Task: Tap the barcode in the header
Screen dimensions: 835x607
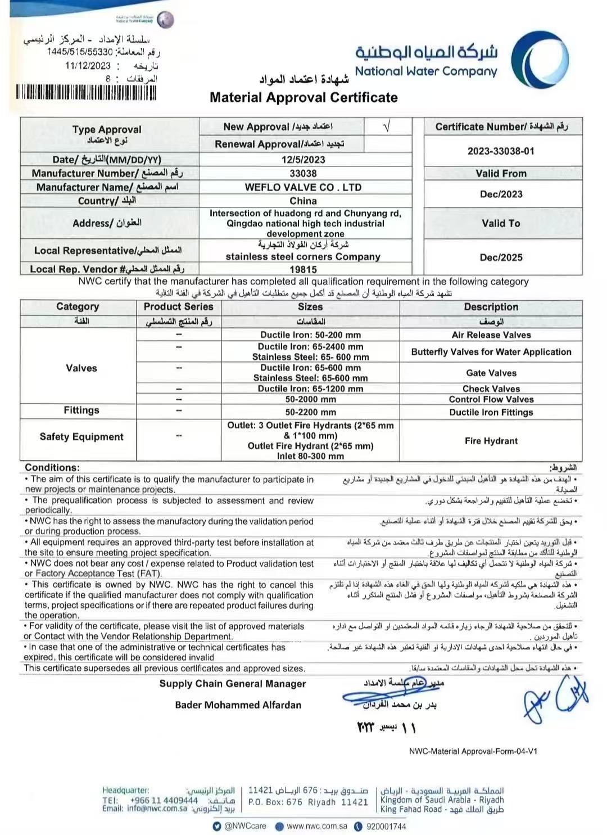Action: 86,92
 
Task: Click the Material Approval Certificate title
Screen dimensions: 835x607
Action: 303,97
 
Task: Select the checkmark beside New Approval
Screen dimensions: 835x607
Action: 386,127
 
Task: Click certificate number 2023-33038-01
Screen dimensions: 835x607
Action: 501,151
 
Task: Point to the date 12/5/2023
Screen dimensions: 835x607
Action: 303,160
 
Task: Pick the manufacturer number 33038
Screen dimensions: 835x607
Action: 303,174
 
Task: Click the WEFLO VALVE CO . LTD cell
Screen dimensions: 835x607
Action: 303,187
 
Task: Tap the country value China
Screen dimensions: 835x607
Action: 303,201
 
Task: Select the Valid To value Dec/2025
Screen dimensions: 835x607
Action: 501,258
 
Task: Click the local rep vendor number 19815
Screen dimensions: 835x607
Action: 303,269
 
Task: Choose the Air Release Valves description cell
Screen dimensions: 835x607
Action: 491,335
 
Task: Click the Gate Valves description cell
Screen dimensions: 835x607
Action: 491,373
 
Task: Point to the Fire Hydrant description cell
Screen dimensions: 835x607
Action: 491,441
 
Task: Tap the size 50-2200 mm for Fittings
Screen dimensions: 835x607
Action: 310,412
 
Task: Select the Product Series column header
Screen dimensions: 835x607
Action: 178,307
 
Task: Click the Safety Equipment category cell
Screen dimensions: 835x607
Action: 81,437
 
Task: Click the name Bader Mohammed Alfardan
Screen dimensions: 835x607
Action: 238,705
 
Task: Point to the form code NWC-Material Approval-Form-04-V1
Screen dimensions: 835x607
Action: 473,751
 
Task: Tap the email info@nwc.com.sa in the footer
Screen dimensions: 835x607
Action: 156,809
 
